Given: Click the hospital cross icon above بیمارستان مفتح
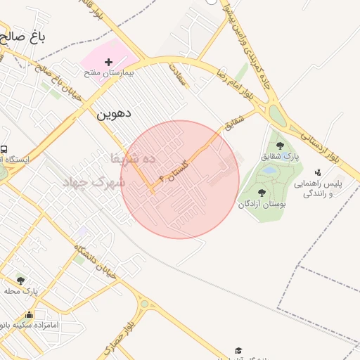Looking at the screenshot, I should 108,63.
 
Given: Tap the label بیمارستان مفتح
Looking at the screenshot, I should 108,72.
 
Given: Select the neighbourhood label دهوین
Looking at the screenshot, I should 114,112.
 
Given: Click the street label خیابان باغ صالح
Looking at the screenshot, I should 51,84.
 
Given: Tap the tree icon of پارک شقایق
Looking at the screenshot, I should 281,145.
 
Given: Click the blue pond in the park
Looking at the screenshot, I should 269,170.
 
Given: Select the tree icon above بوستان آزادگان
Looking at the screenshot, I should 262,193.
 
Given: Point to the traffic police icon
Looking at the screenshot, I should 319,172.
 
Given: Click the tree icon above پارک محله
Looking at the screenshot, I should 20,281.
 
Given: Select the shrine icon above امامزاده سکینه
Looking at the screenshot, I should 30,314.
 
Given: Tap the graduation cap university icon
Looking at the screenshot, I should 238,350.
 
